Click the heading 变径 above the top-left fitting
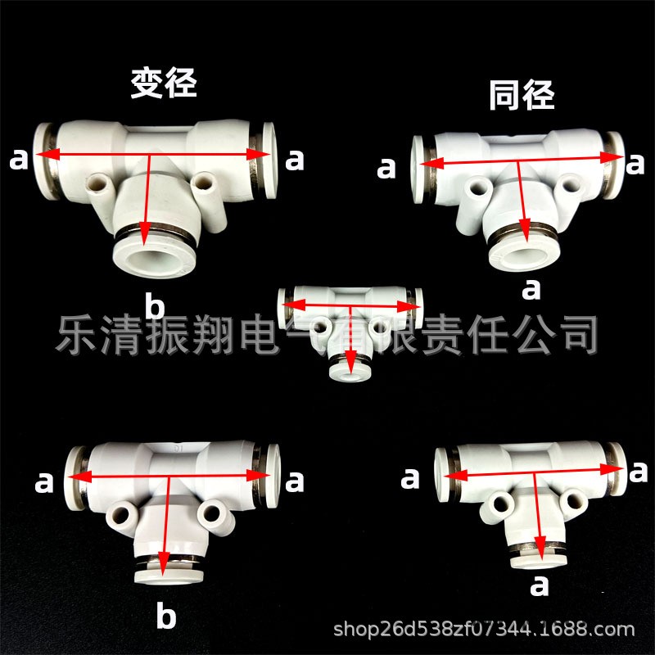(163, 84)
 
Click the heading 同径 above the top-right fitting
(522, 95)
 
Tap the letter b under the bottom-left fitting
(166, 615)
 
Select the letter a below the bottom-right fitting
(540, 585)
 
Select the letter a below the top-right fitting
(531, 290)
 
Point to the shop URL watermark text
(484, 629)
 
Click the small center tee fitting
(350, 330)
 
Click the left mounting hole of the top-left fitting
(97, 183)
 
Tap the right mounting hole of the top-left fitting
(204, 183)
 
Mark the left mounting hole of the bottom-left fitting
(120, 515)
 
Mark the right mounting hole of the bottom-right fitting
(575, 499)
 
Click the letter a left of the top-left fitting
(19, 160)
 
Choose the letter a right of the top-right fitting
(635, 164)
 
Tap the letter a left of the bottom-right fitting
(410, 479)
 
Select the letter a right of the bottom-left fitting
(295, 482)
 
